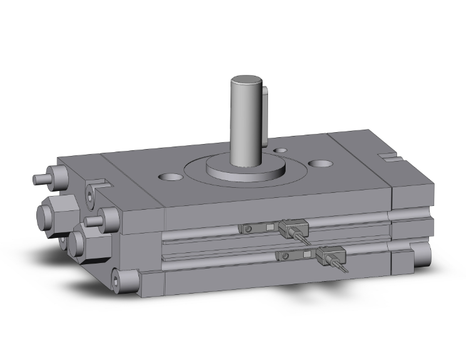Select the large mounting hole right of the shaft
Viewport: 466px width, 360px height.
(x=322, y=163)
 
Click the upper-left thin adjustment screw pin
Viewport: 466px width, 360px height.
(x=41, y=179)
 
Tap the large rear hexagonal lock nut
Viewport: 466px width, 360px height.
(x=53, y=213)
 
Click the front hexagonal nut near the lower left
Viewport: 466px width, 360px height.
(x=83, y=244)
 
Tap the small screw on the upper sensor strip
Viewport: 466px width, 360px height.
(x=249, y=229)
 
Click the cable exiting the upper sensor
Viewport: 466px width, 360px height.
(x=303, y=239)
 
